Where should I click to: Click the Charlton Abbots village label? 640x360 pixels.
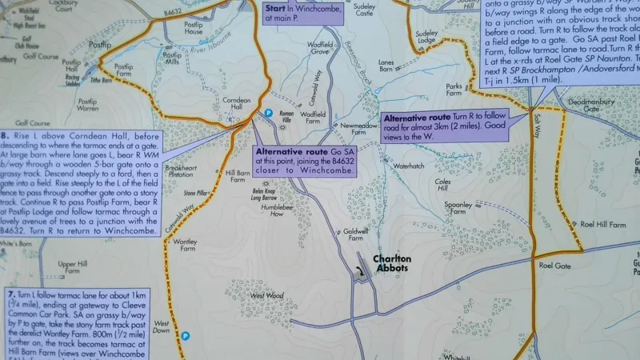(392, 263)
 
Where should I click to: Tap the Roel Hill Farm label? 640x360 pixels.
(602, 225)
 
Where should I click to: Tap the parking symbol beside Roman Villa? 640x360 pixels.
(269, 114)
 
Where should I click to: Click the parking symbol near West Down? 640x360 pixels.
(185, 336)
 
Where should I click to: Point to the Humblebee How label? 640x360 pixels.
(266, 210)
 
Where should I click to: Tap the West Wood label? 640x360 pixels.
(267, 295)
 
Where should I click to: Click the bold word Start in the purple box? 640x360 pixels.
(275, 6)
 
